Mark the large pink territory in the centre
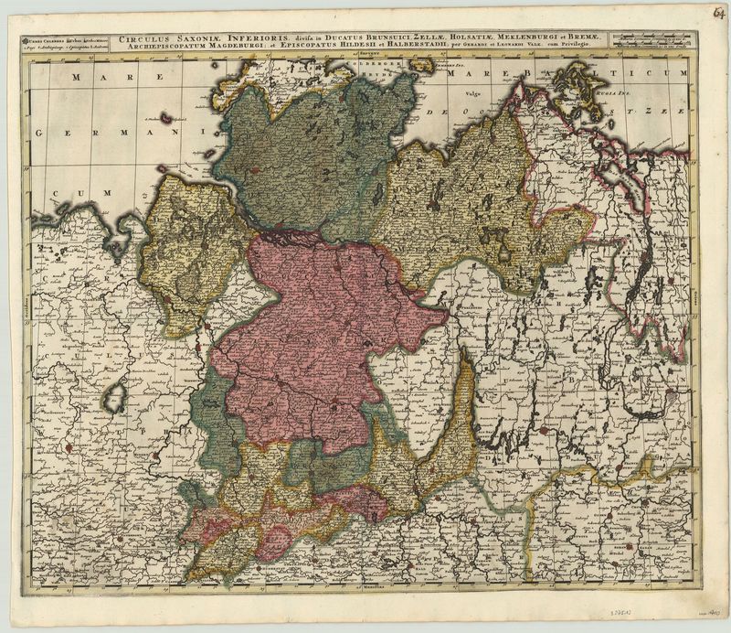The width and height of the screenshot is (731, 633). (320, 329)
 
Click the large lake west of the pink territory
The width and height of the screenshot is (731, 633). (114, 398)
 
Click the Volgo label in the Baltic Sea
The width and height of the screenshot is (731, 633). (472, 94)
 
